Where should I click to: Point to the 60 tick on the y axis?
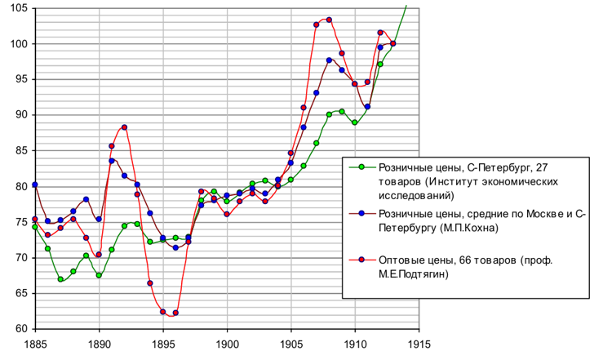17,329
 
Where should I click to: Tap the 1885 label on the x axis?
35,344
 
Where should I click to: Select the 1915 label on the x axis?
419,344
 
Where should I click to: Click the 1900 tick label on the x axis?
227,344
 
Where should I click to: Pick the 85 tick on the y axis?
17,151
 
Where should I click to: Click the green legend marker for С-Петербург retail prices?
361,167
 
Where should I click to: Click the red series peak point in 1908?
329,20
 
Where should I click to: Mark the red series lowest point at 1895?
163,312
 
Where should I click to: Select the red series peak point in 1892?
124,127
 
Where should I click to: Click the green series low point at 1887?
60,279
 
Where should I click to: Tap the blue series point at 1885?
35,184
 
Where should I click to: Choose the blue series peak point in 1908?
329,60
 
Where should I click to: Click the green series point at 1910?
354,122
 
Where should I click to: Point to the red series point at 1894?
150,283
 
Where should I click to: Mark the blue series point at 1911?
367,106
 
